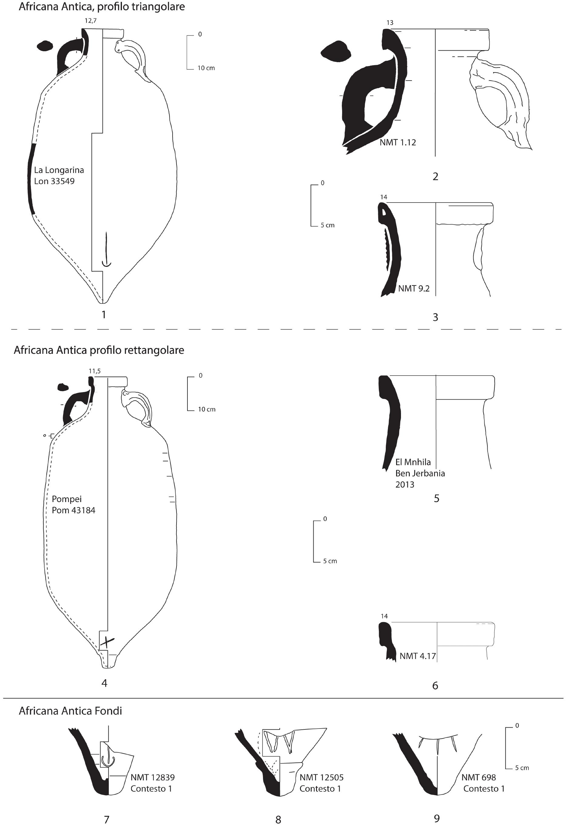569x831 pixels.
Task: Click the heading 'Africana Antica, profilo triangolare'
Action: point(102,7)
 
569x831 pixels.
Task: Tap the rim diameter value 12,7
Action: point(90,21)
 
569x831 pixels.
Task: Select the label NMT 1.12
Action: point(398,142)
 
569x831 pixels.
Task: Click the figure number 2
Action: point(435,176)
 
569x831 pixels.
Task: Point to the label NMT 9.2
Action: point(414,288)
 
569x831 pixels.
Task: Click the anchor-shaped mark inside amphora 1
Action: point(106,250)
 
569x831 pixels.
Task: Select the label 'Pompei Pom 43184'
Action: point(73,504)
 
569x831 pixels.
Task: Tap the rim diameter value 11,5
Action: point(95,371)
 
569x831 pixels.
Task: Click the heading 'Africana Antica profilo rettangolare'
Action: point(99,350)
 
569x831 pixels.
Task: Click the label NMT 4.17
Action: point(417,656)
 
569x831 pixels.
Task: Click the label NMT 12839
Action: point(152,777)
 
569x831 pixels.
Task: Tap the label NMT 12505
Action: point(321,777)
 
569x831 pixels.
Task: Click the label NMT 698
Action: point(479,777)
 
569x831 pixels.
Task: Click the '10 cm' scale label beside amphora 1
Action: point(206,68)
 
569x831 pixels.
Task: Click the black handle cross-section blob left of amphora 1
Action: point(45,46)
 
